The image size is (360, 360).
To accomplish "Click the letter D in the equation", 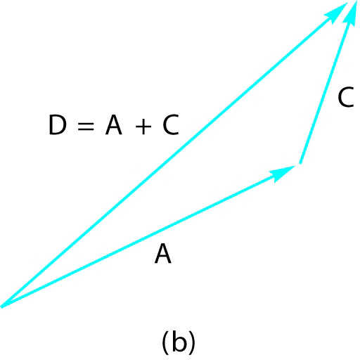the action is (x=58, y=124).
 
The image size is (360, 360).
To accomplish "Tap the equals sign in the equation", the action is (x=86, y=126).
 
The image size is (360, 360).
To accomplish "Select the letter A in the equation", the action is (x=114, y=124).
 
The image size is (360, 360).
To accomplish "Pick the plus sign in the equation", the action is (x=143, y=127).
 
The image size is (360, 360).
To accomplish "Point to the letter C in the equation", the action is (x=171, y=124).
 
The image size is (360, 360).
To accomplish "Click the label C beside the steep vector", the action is (x=346, y=97).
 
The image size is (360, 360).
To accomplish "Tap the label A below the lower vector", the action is (x=163, y=254).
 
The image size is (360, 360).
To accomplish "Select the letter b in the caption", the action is (x=179, y=342).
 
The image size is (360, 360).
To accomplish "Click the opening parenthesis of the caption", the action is (x=165, y=343).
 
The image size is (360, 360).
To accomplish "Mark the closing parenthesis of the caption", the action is (x=192, y=343).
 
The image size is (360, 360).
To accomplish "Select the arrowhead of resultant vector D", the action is (x=336, y=13).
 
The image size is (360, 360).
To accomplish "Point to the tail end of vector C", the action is (x=300, y=163).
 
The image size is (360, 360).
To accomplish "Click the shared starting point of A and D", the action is (x=2, y=306).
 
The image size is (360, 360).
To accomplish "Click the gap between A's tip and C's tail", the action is (x=297, y=165).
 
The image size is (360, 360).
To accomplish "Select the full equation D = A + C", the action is (x=114, y=124).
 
